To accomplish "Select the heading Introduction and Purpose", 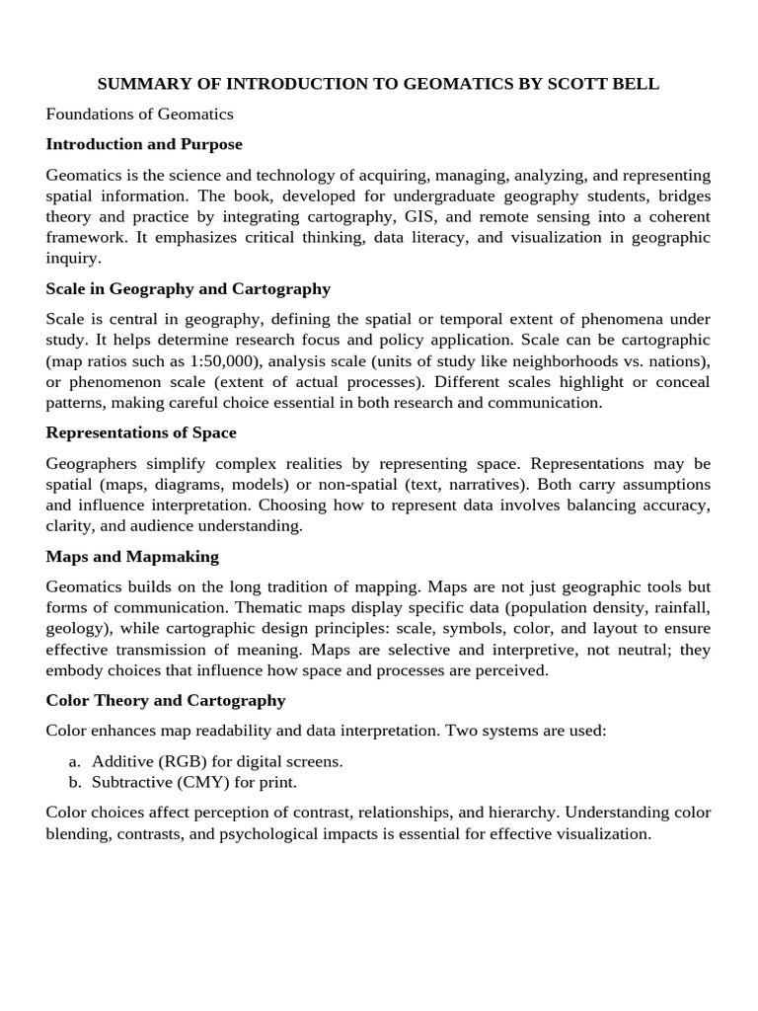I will [144, 144].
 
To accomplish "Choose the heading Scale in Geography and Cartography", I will [188, 289].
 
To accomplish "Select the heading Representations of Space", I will [141, 433].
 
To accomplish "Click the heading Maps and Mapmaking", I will [132, 557].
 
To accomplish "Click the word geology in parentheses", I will [76, 629].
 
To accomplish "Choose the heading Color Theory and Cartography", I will [166, 700].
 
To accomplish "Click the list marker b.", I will [75, 782].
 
